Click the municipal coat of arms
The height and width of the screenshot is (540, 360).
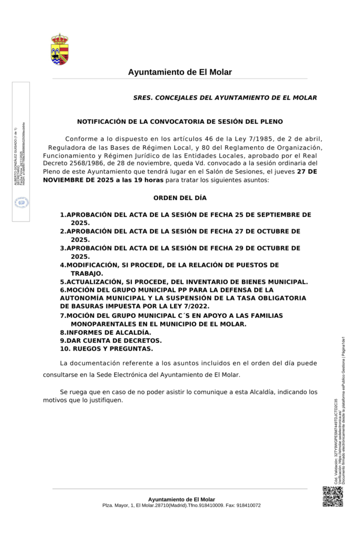[60, 50]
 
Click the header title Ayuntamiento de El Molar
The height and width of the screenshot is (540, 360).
[180, 72]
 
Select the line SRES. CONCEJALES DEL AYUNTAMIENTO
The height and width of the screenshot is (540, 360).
[225, 98]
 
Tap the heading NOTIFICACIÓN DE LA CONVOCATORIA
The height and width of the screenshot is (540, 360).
[180, 121]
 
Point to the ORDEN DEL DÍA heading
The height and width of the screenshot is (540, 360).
[180, 198]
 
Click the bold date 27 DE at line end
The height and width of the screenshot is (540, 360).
[307, 172]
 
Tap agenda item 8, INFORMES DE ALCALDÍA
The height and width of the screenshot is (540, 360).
[105, 332]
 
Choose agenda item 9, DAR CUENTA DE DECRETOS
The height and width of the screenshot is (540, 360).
[111, 341]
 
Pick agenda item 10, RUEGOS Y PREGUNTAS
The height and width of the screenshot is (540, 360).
[106, 349]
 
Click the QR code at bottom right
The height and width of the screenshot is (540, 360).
[333, 496]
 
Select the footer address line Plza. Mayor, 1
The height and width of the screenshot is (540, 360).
[181, 505]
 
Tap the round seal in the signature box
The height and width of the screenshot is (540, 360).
[21, 202]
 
